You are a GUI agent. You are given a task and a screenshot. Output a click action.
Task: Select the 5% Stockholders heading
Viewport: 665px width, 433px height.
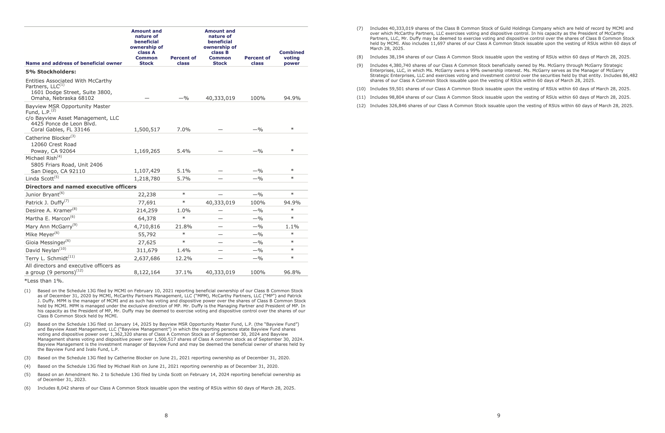51,72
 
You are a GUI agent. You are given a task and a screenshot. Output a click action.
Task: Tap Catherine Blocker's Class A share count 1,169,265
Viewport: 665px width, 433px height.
147,151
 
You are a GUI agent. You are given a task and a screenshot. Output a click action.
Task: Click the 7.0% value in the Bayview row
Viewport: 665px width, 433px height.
184,129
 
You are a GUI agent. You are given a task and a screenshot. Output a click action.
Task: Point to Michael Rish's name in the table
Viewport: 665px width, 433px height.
41,158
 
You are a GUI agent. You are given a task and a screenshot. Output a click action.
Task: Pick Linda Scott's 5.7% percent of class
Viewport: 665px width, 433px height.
184,179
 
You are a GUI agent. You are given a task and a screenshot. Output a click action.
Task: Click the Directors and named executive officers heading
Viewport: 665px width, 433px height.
81,187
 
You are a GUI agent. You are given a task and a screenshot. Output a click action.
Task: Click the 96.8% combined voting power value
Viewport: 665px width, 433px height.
292,272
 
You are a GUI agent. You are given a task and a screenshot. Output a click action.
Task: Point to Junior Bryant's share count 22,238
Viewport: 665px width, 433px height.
147,195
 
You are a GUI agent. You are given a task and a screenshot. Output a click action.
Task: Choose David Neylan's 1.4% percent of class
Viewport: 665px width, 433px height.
184,250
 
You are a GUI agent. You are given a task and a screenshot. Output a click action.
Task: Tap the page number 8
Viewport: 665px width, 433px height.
166,416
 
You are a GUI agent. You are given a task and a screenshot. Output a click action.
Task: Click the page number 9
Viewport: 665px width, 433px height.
499,416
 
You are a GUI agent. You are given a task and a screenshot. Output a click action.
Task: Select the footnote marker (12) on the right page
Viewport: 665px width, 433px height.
361,106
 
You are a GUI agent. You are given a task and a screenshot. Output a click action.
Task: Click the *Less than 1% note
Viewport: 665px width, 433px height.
44,281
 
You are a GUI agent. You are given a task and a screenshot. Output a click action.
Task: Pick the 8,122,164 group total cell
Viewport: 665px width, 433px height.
147,272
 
